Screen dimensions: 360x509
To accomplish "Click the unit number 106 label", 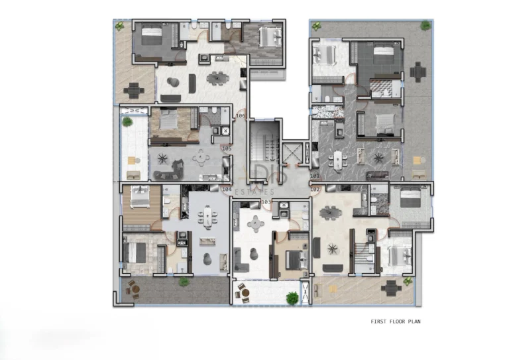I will click(x=240, y=116).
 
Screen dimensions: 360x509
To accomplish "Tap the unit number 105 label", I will click(x=227, y=148).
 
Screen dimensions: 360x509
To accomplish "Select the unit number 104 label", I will click(x=227, y=190).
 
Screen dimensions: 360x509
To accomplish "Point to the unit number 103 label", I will click(x=266, y=202).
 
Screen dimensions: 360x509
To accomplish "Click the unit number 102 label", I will click(x=315, y=190).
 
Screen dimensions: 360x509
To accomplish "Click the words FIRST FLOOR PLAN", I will click(x=395, y=322).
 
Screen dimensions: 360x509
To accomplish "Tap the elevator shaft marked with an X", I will click(x=292, y=154).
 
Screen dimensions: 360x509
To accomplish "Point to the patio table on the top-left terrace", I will click(x=135, y=90).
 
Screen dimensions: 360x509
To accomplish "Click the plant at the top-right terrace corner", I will click(x=425, y=26).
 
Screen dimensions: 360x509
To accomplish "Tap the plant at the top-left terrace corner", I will click(x=120, y=27).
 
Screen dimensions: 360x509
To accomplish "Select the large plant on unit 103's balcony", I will click(x=292, y=298).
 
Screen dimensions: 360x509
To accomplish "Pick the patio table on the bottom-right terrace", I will click(x=391, y=288).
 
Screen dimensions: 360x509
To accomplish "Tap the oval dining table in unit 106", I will click(x=217, y=79).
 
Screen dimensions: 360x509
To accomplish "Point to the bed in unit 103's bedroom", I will click(x=293, y=260).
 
